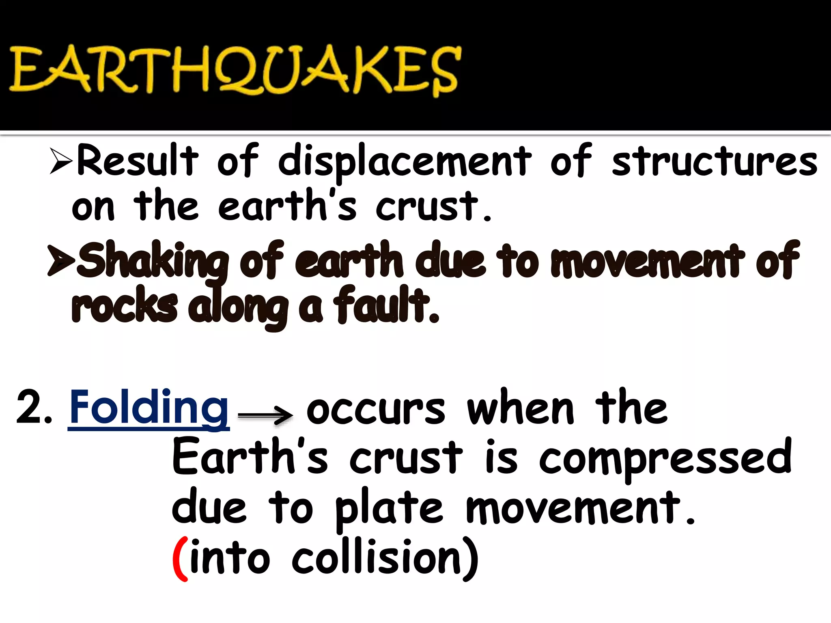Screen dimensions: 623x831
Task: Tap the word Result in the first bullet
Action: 137,160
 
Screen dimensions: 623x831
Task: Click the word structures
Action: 714,161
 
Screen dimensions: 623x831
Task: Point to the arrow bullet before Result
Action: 61,161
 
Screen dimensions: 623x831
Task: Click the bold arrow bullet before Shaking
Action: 61,260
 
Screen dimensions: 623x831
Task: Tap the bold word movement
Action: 647,261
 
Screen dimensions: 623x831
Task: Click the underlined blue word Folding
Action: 149,407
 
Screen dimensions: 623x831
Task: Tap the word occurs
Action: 376,410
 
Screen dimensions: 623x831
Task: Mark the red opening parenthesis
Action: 180,559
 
